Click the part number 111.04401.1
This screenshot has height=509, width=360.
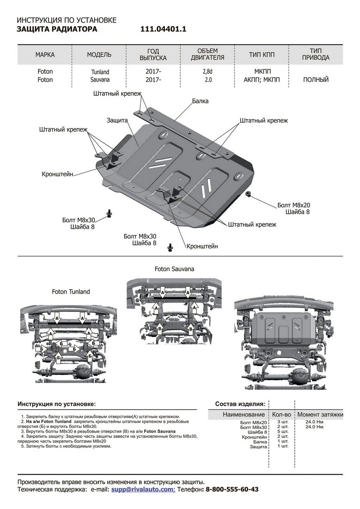(163, 29)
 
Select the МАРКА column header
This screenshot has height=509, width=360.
(45, 55)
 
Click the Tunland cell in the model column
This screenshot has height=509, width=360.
(100, 72)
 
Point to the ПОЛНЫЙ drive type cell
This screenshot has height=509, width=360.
(316, 80)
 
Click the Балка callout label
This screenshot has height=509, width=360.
(200, 101)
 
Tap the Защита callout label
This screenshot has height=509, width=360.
(117, 120)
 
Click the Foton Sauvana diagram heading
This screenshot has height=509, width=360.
(174, 269)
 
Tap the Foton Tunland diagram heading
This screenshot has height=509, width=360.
(71, 292)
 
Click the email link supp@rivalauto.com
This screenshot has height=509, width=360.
(142, 489)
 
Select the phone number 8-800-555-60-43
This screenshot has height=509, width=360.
(232, 489)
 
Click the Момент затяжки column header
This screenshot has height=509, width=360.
(320, 414)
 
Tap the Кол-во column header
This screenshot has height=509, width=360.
(281, 414)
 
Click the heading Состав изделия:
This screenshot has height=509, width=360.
(240, 403)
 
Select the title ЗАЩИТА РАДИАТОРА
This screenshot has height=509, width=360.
(57, 29)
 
